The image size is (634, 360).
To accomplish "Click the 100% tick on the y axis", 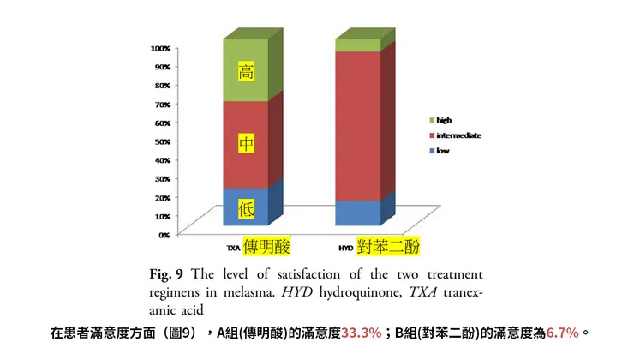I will (x=162, y=47).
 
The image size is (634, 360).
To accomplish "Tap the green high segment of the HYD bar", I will (x=357, y=45).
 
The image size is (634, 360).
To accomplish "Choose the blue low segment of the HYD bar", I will (x=357, y=213).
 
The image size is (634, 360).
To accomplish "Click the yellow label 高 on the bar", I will (x=246, y=72).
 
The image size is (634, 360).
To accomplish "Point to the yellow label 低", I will (x=247, y=207).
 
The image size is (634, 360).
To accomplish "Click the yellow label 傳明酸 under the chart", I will (x=267, y=247).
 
